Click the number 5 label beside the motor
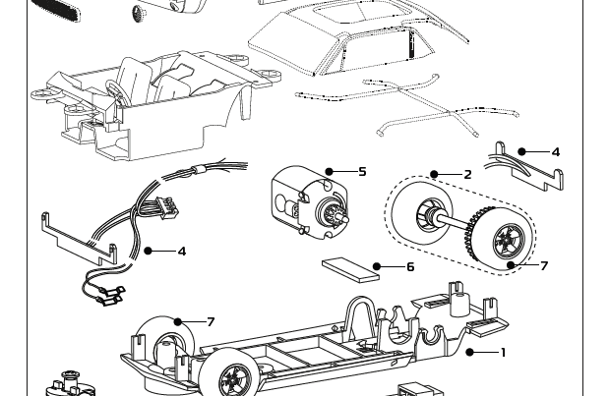click(x=362, y=172)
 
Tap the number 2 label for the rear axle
click(x=467, y=175)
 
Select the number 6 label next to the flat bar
click(x=409, y=266)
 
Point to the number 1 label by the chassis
click(x=503, y=353)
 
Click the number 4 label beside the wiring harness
click(x=182, y=252)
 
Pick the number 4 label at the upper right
click(x=555, y=152)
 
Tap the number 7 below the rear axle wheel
click(x=543, y=265)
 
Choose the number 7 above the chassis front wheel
click(x=211, y=322)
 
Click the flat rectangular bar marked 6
click(x=350, y=269)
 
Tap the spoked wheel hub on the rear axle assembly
click(x=509, y=237)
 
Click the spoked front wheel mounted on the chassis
click(x=235, y=377)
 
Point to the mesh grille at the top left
click(x=56, y=11)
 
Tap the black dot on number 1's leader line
click(x=469, y=352)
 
